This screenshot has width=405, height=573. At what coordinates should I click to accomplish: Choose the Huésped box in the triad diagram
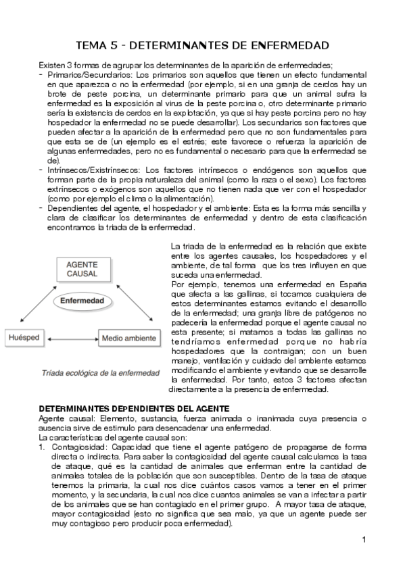tap(24, 336)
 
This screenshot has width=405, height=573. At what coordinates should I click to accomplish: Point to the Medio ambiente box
tap(130, 336)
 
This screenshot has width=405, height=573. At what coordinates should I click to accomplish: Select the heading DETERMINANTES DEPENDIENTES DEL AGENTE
tap(134, 409)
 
